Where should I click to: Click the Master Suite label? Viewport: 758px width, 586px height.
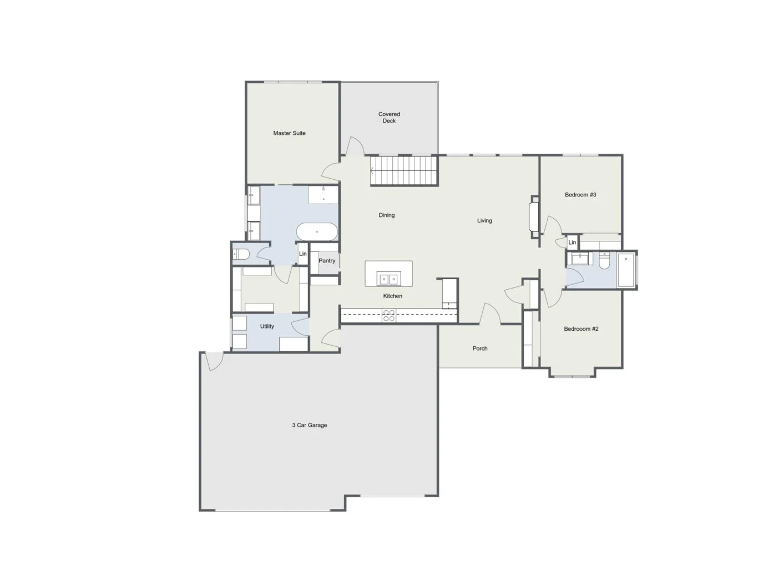(289, 133)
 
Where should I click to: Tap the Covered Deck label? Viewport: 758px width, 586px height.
(389, 117)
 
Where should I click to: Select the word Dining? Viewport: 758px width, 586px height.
(387, 215)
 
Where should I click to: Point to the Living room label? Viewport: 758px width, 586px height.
(484, 220)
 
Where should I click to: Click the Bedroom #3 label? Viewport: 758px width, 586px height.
(580, 195)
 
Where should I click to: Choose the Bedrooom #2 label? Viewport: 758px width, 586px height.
(581, 329)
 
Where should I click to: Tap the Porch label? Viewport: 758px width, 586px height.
(480, 348)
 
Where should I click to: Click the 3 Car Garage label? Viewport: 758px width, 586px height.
(310, 425)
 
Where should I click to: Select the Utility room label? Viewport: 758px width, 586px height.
(267, 326)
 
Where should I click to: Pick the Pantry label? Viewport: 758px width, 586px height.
(327, 261)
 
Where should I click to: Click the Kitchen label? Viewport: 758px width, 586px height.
(392, 296)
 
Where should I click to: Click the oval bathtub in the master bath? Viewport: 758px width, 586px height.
(317, 231)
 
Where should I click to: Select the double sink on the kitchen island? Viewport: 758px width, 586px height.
(388, 279)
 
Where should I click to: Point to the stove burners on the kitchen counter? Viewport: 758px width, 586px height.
(388, 316)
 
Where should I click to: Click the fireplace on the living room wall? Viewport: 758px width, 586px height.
(534, 217)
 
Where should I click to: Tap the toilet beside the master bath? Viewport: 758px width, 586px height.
(240, 254)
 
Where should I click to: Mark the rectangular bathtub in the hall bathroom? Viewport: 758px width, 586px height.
(626, 270)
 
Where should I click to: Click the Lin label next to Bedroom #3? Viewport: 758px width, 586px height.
(572, 242)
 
